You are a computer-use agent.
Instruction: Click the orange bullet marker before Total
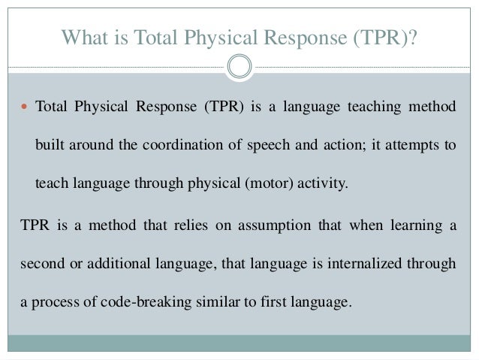(x=25, y=107)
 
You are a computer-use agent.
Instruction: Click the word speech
(x=271, y=145)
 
